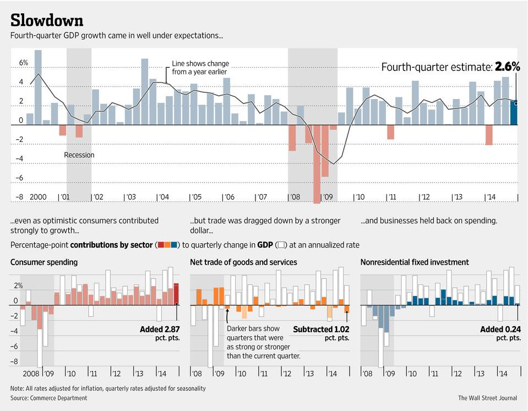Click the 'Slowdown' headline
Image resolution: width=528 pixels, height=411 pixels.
tap(47, 20)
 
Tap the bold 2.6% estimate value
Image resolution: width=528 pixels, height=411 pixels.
tap(507, 67)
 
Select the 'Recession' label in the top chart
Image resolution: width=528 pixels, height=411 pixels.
tap(79, 155)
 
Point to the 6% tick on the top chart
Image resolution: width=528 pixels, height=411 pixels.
tap(24, 63)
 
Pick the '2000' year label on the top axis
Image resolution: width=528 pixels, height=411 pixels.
tap(38, 197)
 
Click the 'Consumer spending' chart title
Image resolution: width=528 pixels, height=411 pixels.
tap(44, 262)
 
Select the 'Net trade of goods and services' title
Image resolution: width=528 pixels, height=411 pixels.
tap(243, 262)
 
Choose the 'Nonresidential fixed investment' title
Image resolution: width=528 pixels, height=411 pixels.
tap(415, 262)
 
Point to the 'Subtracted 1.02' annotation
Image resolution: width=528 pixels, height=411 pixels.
tap(321, 330)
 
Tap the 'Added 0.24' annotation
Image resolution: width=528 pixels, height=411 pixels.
tap(500, 330)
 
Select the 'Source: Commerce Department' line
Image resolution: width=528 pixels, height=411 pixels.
tap(49, 398)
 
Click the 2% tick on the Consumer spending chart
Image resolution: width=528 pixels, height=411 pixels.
tap(18, 286)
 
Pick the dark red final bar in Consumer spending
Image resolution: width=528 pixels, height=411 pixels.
tap(176, 294)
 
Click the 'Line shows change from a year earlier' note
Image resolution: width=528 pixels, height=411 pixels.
tap(200, 68)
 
